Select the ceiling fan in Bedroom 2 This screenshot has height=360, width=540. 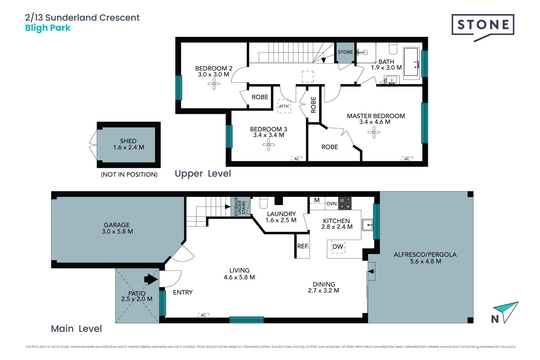214,84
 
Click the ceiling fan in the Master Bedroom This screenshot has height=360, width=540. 374,132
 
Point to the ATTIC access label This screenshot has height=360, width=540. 284,106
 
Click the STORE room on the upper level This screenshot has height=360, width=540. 345,52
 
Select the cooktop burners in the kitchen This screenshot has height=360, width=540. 345,203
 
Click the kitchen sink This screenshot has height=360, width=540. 368,225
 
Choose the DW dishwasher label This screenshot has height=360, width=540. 338,247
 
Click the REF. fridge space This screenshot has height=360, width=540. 303,246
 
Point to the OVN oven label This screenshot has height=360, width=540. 332,204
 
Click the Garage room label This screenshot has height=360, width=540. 117,225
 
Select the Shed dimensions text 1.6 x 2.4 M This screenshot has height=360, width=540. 129,147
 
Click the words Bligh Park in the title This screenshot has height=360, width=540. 48,28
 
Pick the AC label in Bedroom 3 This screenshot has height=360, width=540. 297,159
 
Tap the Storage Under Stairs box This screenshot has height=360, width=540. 240,207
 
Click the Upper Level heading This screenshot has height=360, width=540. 203,174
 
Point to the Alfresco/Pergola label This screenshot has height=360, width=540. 425,255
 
